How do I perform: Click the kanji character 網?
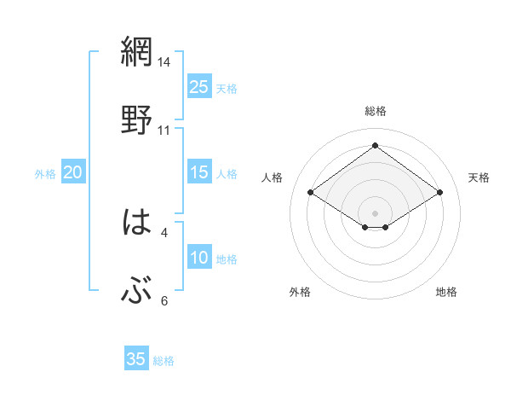coord(137,53)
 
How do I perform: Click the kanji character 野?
coord(137,119)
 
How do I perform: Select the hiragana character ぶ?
coord(137,292)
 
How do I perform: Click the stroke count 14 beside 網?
coord(164,62)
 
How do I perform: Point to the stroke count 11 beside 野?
coord(164,130)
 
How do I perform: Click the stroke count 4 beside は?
coord(164,231)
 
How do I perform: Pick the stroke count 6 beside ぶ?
coord(164,300)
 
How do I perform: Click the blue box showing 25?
coord(199,87)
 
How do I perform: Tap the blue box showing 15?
coord(199,173)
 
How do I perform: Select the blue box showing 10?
coord(199,258)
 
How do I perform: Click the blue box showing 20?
coord(73,173)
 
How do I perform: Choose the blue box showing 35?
coord(136,359)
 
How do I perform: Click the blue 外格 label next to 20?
coord(45,174)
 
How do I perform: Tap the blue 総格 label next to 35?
coord(164,361)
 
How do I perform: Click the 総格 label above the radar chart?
coord(376,111)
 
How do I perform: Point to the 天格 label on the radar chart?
coord(479,177)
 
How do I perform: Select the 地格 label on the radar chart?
coord(446,292)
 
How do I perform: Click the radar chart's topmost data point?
coord(376,145)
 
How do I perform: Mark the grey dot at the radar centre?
coord(376,212)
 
